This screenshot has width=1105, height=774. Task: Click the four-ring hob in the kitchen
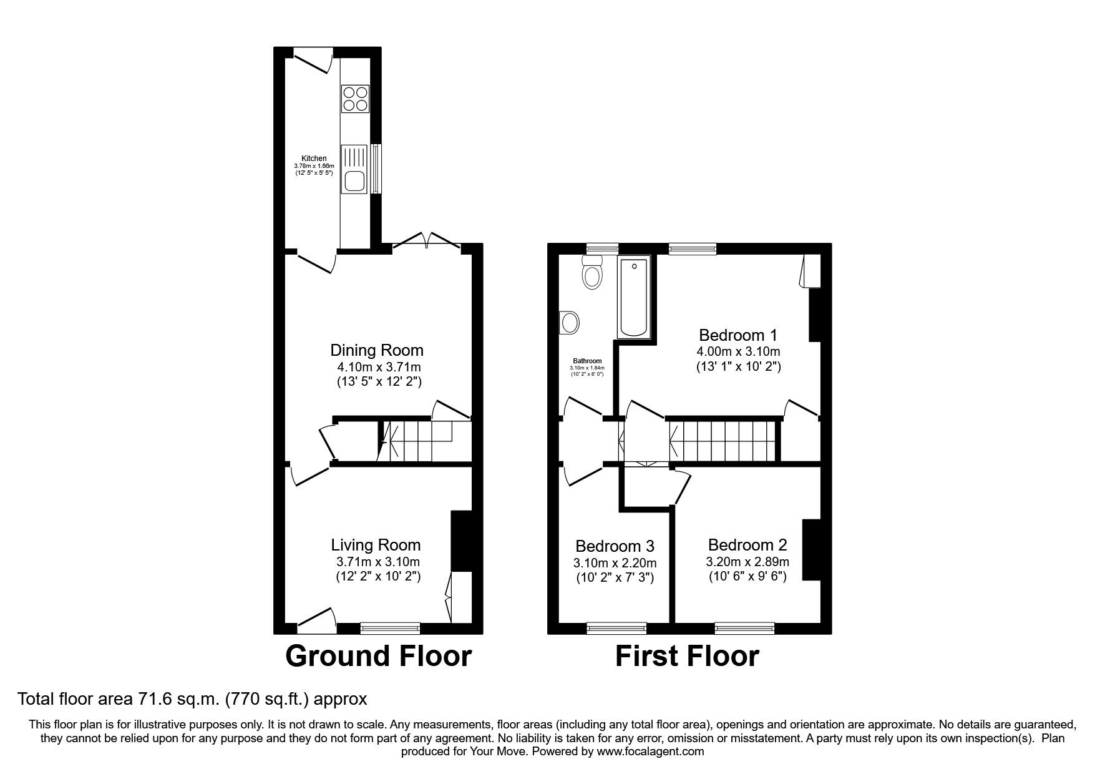click(355, 98)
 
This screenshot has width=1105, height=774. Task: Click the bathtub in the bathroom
click(634, 297)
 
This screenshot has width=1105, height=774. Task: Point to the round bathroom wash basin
click(569, 323)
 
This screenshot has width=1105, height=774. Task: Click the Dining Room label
click(377, 350)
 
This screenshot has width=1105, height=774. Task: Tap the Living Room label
click(376, 545)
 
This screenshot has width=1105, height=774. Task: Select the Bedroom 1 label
click(738, 335)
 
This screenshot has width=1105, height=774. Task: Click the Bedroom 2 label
click(747, 544)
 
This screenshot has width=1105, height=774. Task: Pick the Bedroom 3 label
click(615, 546)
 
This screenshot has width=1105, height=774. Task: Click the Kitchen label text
click(314, 159)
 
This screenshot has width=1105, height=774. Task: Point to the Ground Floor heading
click(378, 657)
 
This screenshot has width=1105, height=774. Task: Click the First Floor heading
click(687, 657)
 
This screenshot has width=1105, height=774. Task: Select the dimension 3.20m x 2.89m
click(747, 561)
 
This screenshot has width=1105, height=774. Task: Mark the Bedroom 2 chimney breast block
click(811, 550)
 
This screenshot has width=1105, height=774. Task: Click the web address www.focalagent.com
click(651, 752)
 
